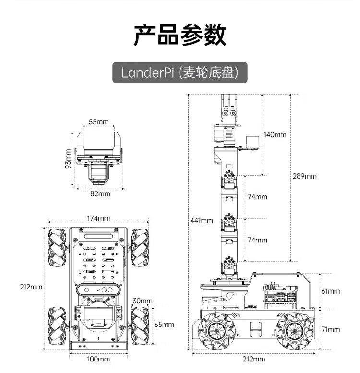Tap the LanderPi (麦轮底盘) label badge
click(x=180, y=73)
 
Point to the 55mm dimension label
click(x=99, y=122)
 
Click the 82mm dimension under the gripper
click(x=100, y=194)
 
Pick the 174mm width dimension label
click(x=98, y=218)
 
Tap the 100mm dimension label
click(x=98, y=359)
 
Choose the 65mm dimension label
click(x=164, y=324)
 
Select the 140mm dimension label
click(x=275, y=134)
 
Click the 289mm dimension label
click(x=304, y=176)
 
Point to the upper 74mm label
click(x=258, y=197)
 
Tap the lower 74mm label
click(x=258, y=240)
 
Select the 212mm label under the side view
click(x=253, y=359)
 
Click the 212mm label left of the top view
click(x=31, y=287)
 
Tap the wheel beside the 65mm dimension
click(x=140, y=325)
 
